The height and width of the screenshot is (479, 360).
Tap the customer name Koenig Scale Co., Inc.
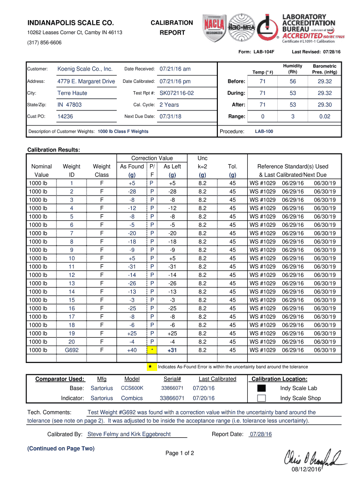click(x=85, y=69)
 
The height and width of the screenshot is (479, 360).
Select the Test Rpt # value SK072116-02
click(x=176, y=93)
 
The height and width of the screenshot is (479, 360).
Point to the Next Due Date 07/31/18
click(x=170, y=116)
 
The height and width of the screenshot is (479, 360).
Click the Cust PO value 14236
click(x=65, y=116)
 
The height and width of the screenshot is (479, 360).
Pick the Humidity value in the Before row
click(x=293, y=81)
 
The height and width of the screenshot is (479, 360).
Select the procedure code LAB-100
click(x=264, y=131)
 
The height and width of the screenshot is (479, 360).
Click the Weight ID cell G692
click(x=72, y=350)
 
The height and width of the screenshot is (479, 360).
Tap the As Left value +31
click(x=172, y=350)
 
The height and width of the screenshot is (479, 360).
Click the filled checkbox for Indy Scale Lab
click(x=261, y=388)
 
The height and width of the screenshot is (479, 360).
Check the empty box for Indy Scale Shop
click(x=261, y=398)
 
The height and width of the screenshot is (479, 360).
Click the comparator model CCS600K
click(x=132, y=388)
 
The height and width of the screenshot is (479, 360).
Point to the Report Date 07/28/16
click(x=260, y=434)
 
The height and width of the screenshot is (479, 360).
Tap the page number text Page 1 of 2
click(x=180, y=453)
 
